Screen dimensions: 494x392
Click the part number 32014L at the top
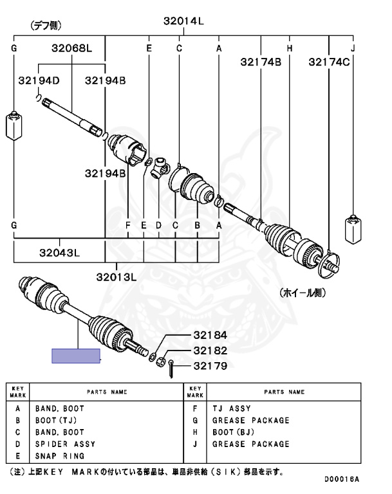[x=183, y=21]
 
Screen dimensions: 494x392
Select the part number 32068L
[x=72, y=48]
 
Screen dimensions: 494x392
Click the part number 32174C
[x=329, y=62]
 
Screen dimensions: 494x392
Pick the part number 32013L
[x=117, y=277]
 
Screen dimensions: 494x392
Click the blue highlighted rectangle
[x=76, y=356]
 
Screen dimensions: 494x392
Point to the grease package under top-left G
[x=14, y=125]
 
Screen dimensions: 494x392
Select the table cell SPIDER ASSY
[x=65, y=444]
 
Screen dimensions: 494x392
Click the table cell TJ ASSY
[x=231, y=408]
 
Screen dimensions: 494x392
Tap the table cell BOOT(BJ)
[x=234, y=432]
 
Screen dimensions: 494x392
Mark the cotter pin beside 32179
[x=173, y=369]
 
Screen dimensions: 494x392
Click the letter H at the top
[x=290, y=48]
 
